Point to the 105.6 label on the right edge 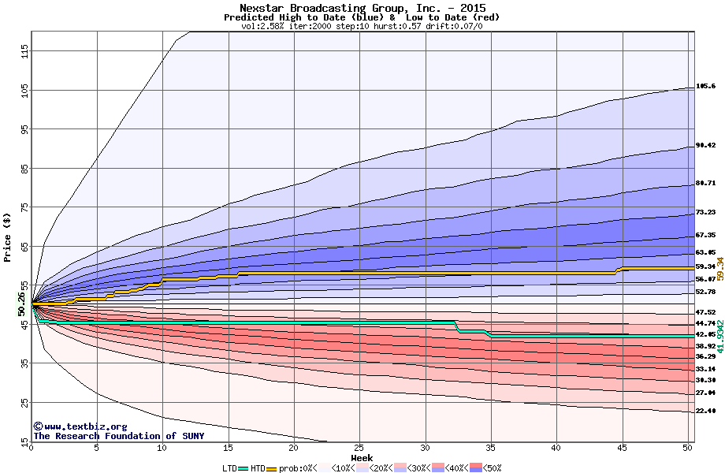[705, 86]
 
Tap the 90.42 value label [705, 146]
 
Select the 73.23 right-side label [705, 213]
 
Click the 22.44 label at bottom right [705, 412]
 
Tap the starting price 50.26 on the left [21, 304]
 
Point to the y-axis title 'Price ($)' [7, 236]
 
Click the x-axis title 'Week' [362, 457]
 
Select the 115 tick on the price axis [24, 52]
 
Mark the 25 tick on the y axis [24, 402]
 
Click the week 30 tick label [426, 448]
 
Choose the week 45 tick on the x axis [623, 448]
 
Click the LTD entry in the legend [230, 467]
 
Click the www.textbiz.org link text [74, 426]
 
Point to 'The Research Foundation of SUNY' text [118, 436]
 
